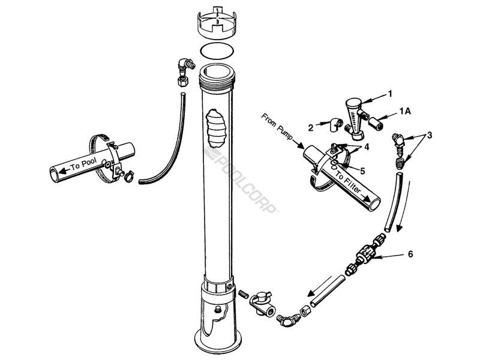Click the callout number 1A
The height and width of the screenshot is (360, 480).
click(x=404, y=112)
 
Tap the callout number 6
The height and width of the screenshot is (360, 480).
click(x=410, y=254)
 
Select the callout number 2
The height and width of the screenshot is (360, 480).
click(x=310, y=128)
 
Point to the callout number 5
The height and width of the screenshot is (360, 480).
click(x=362, y=171)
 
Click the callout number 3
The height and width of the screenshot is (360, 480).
click(x=430, y=135)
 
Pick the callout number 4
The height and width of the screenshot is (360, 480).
click(x=367, y=147)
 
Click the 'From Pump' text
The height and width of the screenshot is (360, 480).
click(x=277, y=127)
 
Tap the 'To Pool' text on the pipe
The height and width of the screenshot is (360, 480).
click(x=83, y=164)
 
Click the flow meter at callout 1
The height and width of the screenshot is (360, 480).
click(x=355, y=118)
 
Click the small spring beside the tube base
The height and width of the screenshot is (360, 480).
click(x=244, y=294)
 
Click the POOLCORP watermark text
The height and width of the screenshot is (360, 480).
click(x=242, y=180)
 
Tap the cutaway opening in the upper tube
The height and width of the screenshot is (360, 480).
click(x=217, y=128)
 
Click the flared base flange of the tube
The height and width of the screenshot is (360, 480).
click(x=218, y=340)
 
